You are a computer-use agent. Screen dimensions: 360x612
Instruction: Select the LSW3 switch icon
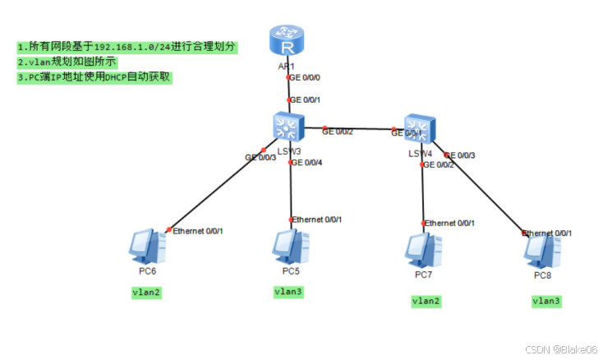(x=288, y=127)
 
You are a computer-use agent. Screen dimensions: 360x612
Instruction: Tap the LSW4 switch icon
(x=419, y=129)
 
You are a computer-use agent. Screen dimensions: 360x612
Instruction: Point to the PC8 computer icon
(x=542, y=250)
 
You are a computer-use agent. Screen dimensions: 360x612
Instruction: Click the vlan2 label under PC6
(x=147, y=292)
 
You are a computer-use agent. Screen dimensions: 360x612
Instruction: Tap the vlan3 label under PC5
(x=289, y=292)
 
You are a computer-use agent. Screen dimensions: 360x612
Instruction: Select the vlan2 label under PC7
(x=426, y=302)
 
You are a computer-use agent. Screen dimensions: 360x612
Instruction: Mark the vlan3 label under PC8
(x=545, y=301)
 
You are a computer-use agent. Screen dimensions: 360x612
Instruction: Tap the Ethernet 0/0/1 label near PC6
(x=198, y=231)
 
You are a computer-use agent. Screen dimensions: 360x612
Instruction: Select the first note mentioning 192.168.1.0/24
(x=127, y=47)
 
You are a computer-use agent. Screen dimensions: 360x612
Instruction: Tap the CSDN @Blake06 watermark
(x=567, y=349)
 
